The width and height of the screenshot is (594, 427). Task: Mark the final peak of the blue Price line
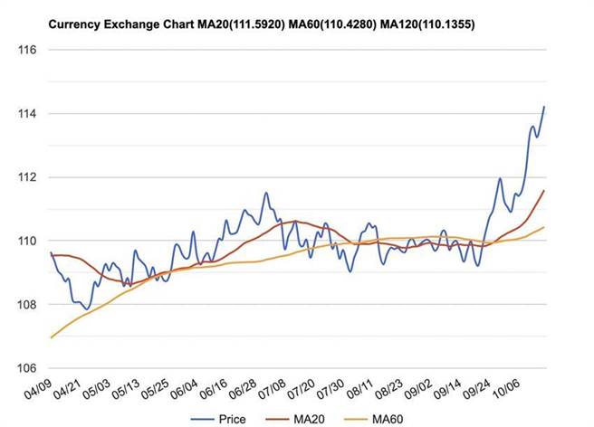[x=544, y=107]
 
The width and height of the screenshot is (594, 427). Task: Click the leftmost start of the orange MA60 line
[x=52, y=337]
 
